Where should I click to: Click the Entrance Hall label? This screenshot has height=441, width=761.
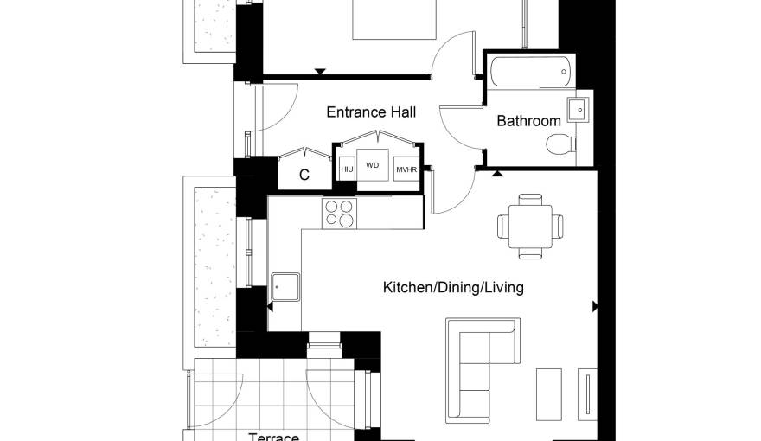coord(371,112)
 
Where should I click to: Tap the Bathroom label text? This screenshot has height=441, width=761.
coord(528,120)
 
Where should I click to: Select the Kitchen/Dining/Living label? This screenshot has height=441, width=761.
coord(453,287)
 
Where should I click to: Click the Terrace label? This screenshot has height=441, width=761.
coord(274,436)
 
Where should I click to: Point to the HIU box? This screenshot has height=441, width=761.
coord(347,169)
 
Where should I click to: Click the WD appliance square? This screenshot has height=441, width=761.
coord(372,165)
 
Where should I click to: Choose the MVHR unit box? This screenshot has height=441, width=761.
coord(406,169)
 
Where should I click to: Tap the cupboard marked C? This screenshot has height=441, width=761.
coord(304,174)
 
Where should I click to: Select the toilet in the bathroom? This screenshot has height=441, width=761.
coord(560,144)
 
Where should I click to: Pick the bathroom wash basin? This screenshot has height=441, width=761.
coord(578,110)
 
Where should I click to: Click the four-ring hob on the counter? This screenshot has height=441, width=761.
coord(339,214)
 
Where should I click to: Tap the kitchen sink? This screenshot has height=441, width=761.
coord(285,287)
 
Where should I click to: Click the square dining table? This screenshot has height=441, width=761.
coord(530,226)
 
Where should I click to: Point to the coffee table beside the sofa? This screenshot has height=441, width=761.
coord(549,394)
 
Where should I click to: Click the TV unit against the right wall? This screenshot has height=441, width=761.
coord(587,394)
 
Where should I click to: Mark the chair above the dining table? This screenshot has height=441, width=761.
coord(530,200)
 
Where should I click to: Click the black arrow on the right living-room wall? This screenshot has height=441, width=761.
coord(595,306)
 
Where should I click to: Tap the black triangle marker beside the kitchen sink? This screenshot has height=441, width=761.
coord(270,306)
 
